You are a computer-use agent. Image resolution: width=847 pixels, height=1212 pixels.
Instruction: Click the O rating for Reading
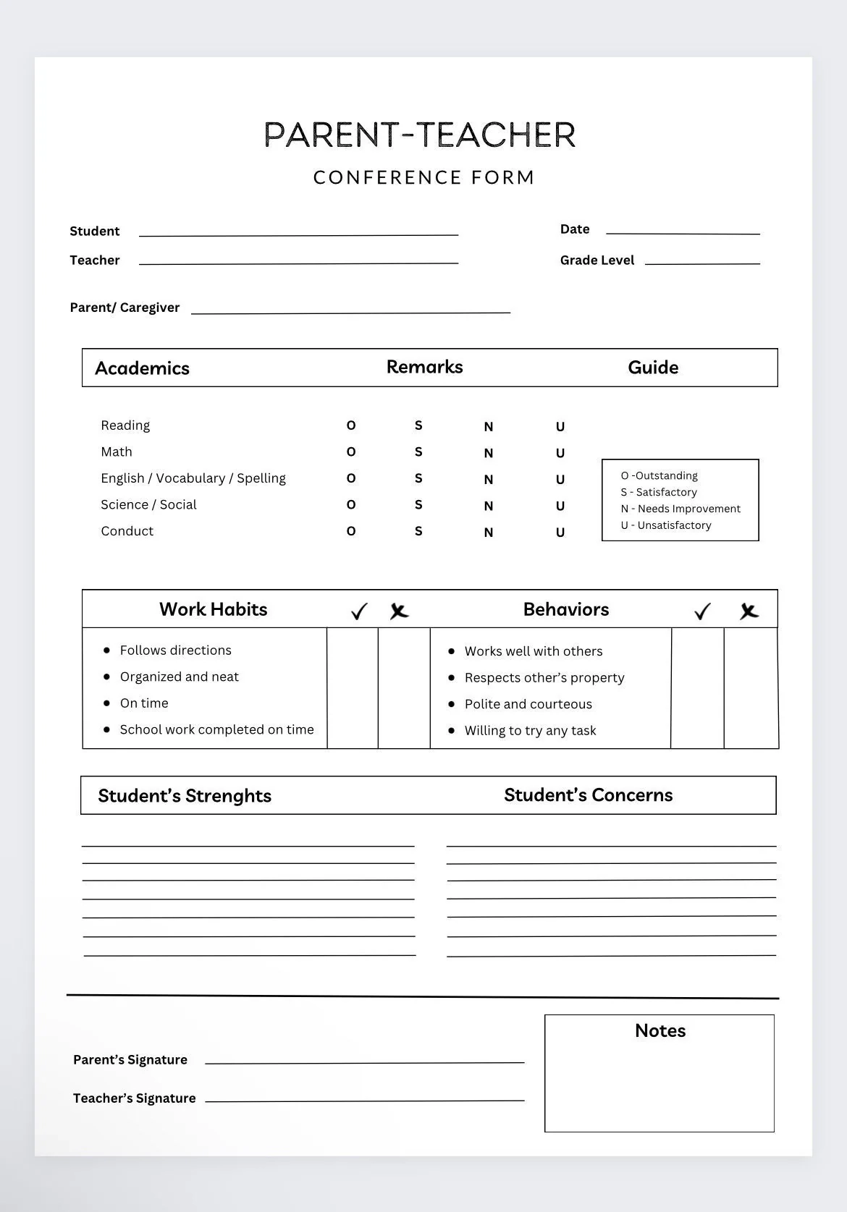[x=351, y=425]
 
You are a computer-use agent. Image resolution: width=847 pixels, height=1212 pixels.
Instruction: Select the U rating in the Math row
[x=560, y=453]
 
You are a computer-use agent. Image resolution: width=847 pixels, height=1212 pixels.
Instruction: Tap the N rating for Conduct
[x=489, y=532]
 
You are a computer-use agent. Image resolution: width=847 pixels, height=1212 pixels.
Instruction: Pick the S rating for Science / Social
[x=418, y=505]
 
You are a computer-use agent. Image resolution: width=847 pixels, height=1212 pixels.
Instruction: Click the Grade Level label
[x=597, y=260]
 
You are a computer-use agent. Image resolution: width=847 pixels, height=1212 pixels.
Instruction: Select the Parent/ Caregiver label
[x=125, y=308]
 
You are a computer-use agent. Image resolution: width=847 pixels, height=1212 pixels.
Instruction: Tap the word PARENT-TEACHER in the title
[x=420, y=135]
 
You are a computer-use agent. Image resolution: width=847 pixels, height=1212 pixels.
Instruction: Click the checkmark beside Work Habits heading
[x=359, y=611]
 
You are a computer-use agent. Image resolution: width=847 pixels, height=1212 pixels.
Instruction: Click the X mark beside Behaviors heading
[x=749, y=611]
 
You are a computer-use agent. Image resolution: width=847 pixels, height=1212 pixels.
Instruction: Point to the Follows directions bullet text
[x=175, y=651]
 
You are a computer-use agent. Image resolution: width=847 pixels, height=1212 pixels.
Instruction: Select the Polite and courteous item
[x=528, y=704]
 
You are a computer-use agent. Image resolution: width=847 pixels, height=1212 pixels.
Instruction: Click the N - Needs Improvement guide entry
[x=680, y=509]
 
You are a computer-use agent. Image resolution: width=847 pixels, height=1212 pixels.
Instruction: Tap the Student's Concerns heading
[x=588, y=795]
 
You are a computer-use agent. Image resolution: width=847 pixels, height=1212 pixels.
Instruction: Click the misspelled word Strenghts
[x=228, y=796]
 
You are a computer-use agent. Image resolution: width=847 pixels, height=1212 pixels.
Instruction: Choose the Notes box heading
[x=660, y=1030]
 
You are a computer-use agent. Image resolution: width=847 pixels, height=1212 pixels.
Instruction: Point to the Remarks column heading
[x=424, y=367]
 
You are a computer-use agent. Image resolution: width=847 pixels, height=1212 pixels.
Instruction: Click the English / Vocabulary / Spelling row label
[x=193, y=478]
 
